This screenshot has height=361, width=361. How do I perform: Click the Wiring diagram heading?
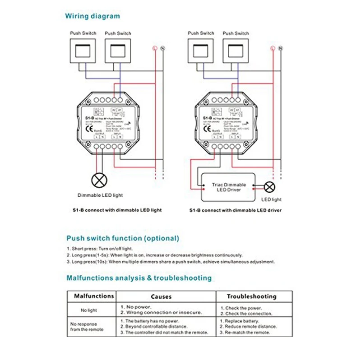tap(93, 16)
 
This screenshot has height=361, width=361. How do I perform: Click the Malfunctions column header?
tap(91, 296)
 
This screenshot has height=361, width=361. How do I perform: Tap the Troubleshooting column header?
tap(251, 296)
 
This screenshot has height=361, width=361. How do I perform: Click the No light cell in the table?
tap(89, 310)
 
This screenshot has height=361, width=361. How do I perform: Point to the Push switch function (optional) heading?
tap(123, 238)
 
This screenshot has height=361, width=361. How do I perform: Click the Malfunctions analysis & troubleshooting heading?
tap(139, 278)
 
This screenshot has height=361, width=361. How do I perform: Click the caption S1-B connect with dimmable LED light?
tap(116, 210)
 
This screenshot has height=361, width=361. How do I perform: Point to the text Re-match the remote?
tap(245, 333)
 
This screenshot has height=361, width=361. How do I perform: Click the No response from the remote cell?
tap(87, 327)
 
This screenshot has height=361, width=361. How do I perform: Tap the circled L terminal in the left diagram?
tap(154, 48)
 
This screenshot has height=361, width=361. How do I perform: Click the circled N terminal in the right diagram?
tap(281, 48)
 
